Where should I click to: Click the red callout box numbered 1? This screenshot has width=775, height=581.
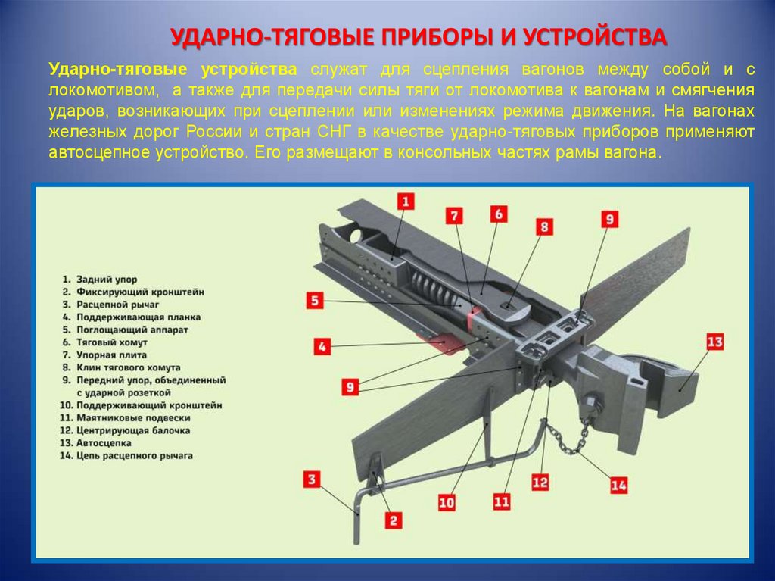click(x=406, y=201)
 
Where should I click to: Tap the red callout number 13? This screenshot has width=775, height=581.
click(x=714, y=342)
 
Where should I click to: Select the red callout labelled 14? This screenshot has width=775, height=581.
click(x=618, y=486)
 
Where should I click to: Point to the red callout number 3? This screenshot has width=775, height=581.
click(x=311, y=479)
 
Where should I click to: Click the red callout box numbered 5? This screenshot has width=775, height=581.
click(x=315, y=301)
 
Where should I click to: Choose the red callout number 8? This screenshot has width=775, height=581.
click(x=544, y=226)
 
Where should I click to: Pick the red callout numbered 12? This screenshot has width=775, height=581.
click(x=540, y=482)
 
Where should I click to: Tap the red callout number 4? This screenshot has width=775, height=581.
click(x=322, y=346)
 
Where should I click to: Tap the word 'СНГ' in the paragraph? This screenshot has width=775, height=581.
click(x=338, y=132)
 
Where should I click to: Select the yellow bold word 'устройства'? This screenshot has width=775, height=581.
click(x=248, y=70)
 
